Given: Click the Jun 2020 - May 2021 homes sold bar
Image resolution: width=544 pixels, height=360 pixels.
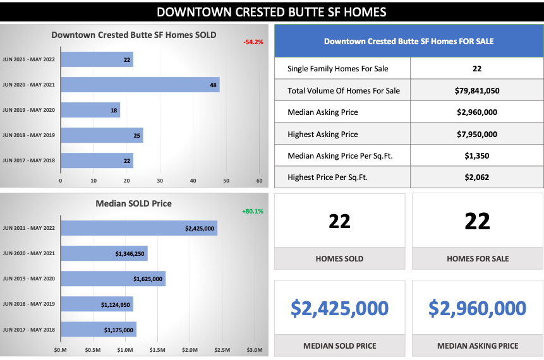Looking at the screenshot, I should [140, 85].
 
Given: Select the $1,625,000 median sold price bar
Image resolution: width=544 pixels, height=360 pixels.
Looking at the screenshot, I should [112, 279].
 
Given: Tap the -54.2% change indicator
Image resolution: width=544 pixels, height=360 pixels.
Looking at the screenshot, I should [253, 42].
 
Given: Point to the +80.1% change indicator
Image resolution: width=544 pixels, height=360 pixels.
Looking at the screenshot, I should [251, 212].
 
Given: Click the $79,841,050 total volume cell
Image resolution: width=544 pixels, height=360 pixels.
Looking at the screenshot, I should [476, 90].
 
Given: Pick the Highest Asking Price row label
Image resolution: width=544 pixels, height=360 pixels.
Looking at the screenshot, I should [322, 134].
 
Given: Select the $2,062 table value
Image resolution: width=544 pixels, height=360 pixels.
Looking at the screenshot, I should [476, 177].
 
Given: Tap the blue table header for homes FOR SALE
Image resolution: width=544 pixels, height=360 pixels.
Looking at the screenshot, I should [409, 41].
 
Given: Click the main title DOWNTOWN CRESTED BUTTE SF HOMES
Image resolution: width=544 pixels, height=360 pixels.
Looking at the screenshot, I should [272, 12].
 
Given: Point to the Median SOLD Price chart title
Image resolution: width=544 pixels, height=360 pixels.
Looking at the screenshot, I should [133, 203].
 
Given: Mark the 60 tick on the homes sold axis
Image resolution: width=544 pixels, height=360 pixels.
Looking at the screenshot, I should [259, 181].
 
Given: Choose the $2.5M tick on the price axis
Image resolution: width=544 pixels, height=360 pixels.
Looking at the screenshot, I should [222, 350].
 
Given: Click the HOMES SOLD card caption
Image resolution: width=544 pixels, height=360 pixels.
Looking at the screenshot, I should [339, 258].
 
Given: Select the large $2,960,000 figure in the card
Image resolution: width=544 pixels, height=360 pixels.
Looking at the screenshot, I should [477, 308].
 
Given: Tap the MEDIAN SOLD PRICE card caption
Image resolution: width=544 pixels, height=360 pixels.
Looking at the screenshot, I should [339, 345].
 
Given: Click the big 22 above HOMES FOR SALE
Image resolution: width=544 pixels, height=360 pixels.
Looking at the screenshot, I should [477, 221].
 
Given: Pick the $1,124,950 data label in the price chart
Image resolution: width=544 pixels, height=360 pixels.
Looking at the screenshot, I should [116, 304].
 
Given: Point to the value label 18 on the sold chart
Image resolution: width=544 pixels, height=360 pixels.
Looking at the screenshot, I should [114, 110].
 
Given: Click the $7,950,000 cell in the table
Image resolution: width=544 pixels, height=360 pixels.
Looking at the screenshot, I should [476, 134].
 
